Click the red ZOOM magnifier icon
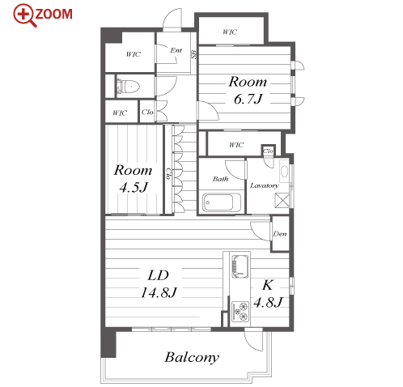coord(25,15)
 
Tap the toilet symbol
coord(128,87)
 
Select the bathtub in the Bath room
coord(222,202)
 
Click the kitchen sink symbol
coord(240,266)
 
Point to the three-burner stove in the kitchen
coord(240,311)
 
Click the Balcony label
coord(192,357)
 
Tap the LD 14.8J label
coord(159,283)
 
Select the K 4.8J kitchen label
coord(268,293)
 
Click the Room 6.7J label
coord(248,90)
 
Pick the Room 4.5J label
coord(134,178)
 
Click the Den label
coord(280,234)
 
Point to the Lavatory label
coord(264,185)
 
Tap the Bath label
coord(220,179)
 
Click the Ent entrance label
coord(176,50)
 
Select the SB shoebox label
coord(194,55)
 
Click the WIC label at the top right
coord(230,32)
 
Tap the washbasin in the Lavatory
coord(284,171)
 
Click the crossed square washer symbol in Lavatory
coord(282,201)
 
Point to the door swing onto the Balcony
coord(253,341)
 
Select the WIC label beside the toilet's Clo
coord(120,113)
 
